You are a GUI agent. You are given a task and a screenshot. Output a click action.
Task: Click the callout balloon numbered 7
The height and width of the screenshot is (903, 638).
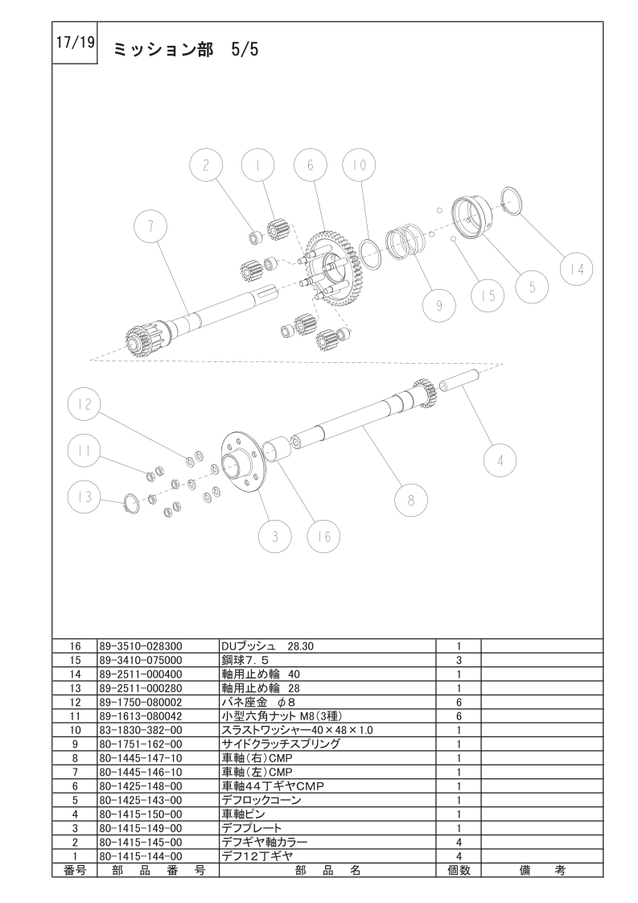pyautogui.click(x=150, y=225)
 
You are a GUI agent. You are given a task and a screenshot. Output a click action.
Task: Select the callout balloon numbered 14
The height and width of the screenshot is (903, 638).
pyautogui.click(x=577, y=269)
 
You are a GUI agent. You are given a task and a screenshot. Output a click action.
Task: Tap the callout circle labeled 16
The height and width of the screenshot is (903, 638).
pyautogui.click(x=323, y=536)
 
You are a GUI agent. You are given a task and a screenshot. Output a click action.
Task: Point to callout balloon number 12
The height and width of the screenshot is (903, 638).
pyautogui.click(x=84, y=405)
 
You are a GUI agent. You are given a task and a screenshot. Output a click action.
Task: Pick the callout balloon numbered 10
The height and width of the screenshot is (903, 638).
pyautogui.click(x=359, y=165)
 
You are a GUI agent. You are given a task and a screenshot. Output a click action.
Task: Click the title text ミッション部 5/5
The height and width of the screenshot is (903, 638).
pyautogui.click(x=186, y=50)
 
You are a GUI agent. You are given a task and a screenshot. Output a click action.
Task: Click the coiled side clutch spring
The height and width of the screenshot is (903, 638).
pyautogui.click(x=404, y=241)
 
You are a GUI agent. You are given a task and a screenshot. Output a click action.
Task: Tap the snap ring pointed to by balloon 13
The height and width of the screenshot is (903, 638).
pyautogui.click(x=132, y=503)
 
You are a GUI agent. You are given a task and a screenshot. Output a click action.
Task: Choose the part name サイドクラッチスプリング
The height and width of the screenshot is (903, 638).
pyautogui.click(x=281, y=744)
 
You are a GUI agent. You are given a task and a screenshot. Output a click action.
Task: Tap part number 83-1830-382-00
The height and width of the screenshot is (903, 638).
pyautogui.click(x=141, y=730)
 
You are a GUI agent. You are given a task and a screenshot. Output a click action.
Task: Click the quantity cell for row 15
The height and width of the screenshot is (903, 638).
pyautogui.click(x=459, y=661)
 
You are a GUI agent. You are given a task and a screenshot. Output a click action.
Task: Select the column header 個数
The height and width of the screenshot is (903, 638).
pyautogui.click(x=459, y=871)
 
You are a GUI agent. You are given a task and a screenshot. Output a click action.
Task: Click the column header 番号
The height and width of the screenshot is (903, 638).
pyautogui.click(x=75, y=871)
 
